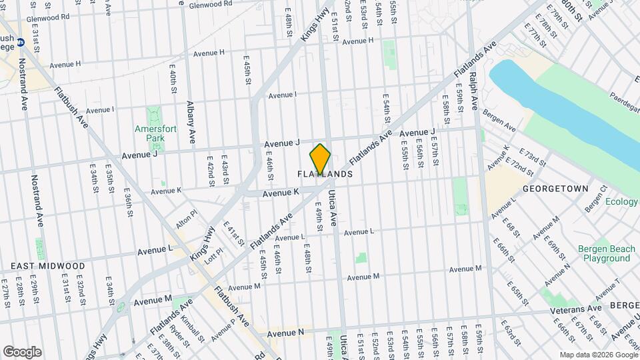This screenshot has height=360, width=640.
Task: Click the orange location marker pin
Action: point(321,158)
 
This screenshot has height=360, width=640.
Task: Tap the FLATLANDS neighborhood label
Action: point(324,174)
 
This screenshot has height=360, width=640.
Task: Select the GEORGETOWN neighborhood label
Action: point(555,189)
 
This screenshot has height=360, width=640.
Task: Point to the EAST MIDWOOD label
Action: point(39,265)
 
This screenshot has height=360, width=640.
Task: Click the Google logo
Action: point(21,352)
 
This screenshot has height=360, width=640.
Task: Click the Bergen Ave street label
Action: point(499,121)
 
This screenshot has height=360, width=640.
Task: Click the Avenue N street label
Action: point(285,332)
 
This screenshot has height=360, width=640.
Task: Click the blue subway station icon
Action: point(21,42)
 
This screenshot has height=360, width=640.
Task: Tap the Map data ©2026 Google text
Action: point(597,355)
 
